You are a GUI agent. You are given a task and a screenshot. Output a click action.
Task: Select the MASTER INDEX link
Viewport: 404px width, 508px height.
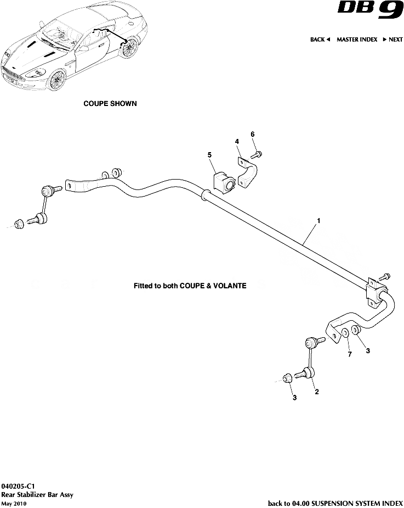357,40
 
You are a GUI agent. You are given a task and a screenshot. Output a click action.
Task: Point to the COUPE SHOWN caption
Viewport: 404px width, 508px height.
110,103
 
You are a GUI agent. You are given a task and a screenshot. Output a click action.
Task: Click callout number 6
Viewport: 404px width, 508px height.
253,134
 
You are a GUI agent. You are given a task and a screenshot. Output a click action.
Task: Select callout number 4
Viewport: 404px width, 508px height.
237,142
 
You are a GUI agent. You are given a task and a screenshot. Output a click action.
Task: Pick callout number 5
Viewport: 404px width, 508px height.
209,155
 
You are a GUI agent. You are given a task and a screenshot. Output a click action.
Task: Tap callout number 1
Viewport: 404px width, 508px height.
318,221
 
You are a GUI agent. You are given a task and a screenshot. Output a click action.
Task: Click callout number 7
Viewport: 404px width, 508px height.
349,354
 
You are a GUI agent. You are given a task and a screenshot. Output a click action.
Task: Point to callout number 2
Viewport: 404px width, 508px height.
316,392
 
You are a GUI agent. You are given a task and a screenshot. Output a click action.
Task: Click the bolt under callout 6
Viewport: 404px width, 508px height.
258,154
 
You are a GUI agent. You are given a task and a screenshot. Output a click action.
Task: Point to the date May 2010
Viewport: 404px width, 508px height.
14,503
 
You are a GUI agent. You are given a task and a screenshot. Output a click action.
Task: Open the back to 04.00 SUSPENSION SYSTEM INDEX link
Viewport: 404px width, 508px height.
335,503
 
